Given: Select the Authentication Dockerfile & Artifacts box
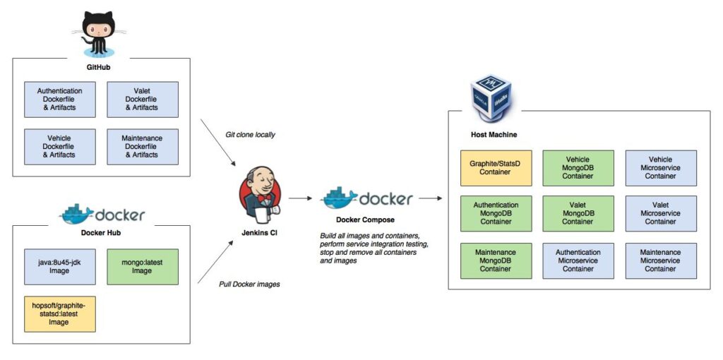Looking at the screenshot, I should (x=59, y=100).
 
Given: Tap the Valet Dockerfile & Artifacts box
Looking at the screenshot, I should (x=143, y=100).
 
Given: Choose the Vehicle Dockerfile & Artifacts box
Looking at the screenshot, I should (x=59, y=146).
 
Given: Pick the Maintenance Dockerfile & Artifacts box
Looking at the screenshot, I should (x=143, y=146).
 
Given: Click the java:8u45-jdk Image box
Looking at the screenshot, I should (x=59, y=266).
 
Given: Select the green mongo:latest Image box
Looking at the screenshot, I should (x=143, y=266).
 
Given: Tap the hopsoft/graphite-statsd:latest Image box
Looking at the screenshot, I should (x=59, y=313).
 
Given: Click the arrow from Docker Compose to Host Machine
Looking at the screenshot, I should (x=430, y=199).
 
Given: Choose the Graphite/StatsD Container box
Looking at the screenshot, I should (x=495, y=168).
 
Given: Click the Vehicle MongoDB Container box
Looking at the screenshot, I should (x=578, y=168).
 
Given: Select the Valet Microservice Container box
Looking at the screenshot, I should (x=661, y=214).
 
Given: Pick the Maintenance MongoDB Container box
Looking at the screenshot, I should (x=495, y=260).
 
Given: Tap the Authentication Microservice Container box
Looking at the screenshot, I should (x=578, y=260).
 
